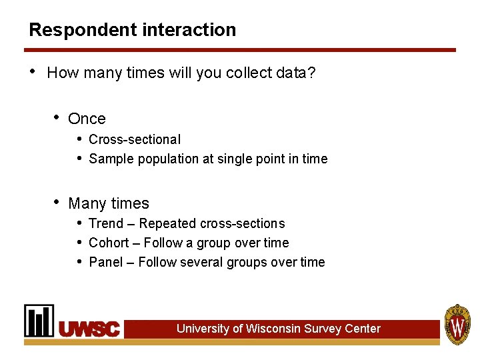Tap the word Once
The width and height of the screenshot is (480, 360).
[87, 119]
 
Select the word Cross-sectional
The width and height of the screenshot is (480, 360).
[135, 139]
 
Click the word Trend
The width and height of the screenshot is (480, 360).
[106, 223]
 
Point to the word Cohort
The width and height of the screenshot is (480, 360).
[109, 243]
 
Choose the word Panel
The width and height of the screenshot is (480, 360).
[106, 262]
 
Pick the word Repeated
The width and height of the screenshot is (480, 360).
[166, 223]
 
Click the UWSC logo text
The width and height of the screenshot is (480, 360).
[90, 329]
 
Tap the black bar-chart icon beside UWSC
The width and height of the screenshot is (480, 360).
[39, 321]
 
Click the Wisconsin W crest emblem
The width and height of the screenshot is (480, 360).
[457, 324]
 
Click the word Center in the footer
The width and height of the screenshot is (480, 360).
[363, 329]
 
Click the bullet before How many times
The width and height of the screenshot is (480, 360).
[33, 72]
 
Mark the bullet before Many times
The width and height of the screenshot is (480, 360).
[57, 203]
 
